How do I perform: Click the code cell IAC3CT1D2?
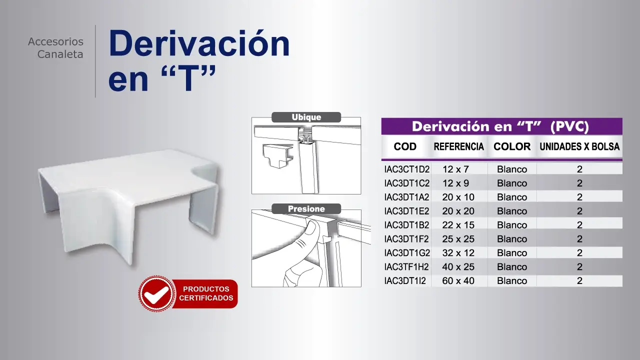[407, 169]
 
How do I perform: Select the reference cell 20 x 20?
[458, 211]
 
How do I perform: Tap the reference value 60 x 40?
[458, 281]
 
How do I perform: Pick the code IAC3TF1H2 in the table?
[406, 267]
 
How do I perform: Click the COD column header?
[405, 146]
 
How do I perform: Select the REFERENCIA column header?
[459, 146]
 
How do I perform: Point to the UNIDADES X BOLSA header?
[579, 146]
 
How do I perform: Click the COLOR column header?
[512, 146]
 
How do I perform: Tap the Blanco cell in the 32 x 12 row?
[512, 253]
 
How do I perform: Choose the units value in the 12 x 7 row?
[579, 169]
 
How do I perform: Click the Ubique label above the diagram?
[306, 117]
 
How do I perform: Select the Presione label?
[306, 209]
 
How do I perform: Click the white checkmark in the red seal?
[156, 294]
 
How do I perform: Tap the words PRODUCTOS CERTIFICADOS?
[206, 293]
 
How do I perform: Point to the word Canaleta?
[60, 54]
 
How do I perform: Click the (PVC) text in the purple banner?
[569, 126]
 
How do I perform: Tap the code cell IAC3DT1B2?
[406, 225]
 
